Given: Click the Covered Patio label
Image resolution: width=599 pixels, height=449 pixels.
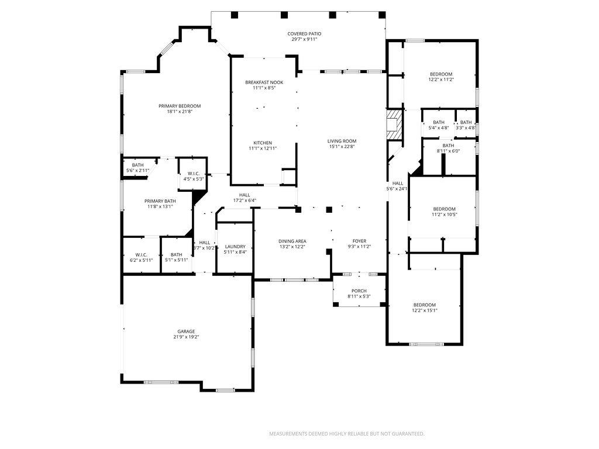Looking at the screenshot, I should coord(304,34).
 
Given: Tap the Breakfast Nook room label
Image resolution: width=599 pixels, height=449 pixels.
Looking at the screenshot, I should coord(264,82).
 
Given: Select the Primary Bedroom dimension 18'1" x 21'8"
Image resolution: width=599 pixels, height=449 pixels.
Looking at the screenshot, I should coord(180,112).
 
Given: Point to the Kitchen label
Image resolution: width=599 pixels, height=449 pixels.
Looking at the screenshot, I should coord(263,143).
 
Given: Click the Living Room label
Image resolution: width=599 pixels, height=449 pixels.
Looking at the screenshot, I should coord(342,141).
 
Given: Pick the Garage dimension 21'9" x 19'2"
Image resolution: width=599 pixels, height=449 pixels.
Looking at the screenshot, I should coord(186,337).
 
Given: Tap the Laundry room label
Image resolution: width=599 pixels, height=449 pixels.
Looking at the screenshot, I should coord(235,247).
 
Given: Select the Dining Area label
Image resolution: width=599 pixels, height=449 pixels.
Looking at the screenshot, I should coord(292,241).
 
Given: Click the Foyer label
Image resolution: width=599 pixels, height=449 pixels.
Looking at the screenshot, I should coord(359,241).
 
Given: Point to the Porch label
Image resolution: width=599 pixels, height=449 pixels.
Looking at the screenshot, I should coord(359,291).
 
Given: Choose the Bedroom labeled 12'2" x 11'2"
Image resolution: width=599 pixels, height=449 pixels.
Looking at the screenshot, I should coord(441,74).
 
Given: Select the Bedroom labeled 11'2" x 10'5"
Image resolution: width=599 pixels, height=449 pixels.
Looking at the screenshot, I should coord(444,209).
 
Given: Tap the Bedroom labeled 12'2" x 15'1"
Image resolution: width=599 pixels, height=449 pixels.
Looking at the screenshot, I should coord(425,305).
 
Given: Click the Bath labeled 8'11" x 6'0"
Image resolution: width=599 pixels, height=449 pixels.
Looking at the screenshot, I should coord(448,146).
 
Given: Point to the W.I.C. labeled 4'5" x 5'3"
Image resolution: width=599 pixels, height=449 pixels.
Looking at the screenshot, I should coord(193,174).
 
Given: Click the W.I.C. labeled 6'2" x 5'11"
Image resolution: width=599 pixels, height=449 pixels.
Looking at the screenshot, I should coord(141,255).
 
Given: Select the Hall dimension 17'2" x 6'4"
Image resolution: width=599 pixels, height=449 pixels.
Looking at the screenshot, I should coord(244,201).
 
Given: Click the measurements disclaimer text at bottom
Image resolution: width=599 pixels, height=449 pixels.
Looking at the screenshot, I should coord(346,434).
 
